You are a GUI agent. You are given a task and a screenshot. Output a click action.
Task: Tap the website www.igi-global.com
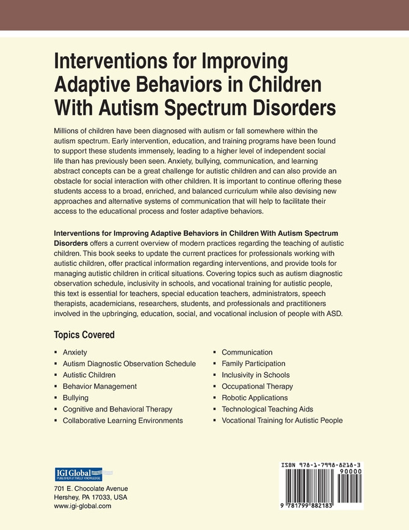[82, 506]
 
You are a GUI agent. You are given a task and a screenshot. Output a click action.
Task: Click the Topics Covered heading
[84, 335]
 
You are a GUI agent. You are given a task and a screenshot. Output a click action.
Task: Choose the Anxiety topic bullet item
[74, 353]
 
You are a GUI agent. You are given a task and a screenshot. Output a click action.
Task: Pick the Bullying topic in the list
[75, 398]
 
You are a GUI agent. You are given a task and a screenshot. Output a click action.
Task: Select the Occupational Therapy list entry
[257, 386]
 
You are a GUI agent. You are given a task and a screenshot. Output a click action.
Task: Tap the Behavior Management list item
[100, 386]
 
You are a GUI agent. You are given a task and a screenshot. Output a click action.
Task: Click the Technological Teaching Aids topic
[267, 409]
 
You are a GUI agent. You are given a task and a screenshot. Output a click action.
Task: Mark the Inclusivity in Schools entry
[255, 375]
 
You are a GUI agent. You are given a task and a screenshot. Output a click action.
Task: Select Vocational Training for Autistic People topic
[282, 421]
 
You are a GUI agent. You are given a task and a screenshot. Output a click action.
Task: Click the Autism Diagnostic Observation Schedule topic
[129, 364]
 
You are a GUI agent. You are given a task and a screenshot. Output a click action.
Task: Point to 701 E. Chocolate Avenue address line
[91, 488]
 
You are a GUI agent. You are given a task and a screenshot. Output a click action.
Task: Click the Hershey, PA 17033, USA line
[91, 498]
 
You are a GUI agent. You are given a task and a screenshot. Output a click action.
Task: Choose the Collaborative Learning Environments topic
[123, 421]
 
